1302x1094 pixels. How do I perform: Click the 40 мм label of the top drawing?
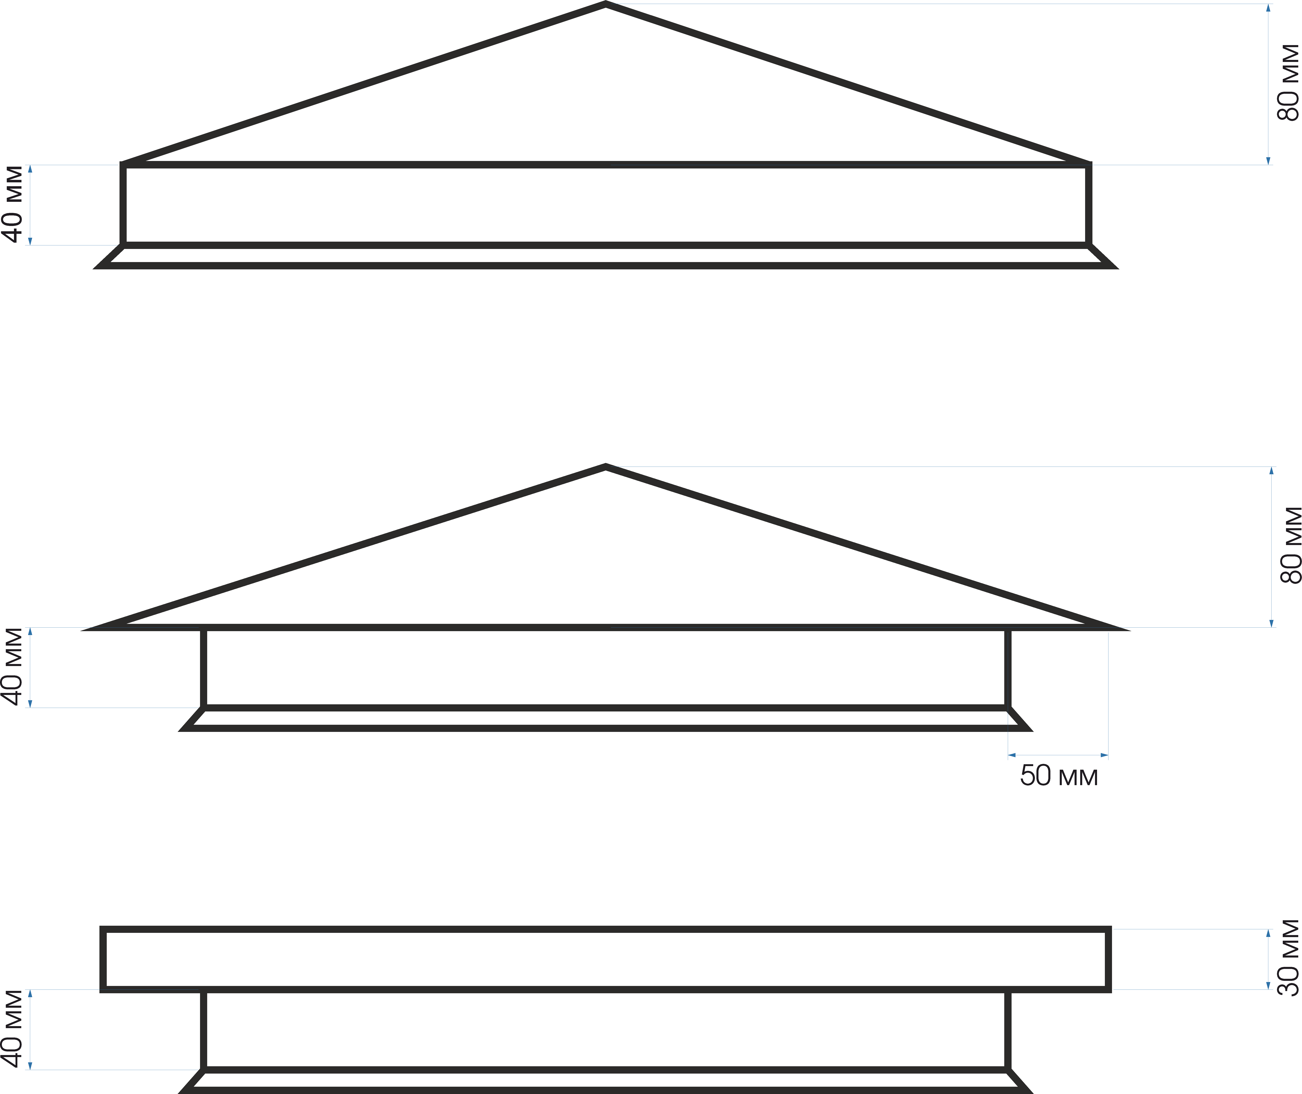point(12,204)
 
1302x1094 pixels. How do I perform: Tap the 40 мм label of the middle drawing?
point(12,667)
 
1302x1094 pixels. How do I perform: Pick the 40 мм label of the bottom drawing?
point(12,1029)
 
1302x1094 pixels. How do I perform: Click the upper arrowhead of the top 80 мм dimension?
point(1268,8)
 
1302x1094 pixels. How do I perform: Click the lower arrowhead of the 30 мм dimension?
point(1268,985)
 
